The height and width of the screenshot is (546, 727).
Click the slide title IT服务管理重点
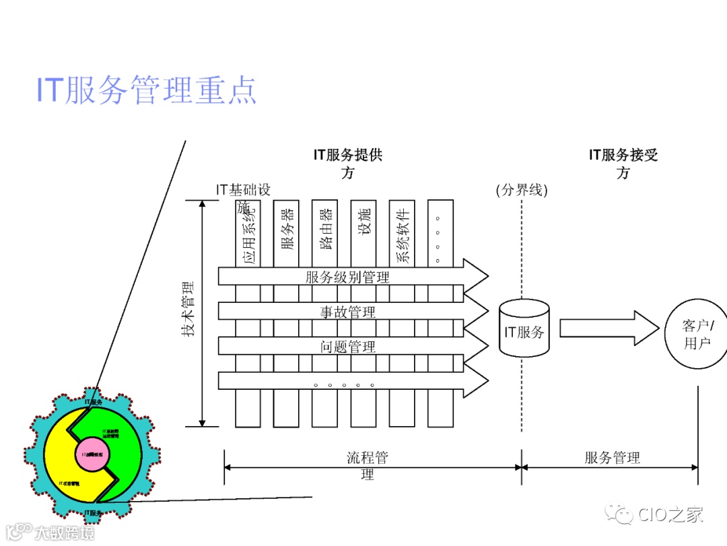146,90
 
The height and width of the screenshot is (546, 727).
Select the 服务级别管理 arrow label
347,277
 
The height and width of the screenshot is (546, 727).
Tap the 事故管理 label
347,312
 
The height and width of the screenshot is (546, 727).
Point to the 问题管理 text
347,347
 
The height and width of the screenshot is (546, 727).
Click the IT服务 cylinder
524,331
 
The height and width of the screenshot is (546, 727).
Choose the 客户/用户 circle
697,335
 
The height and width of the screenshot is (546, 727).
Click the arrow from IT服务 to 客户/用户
609,328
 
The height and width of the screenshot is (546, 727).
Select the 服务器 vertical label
287,229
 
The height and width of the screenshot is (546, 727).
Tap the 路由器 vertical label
326,229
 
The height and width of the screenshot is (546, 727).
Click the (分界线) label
522,190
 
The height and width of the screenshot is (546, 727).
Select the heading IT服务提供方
347,164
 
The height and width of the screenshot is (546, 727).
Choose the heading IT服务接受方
623,164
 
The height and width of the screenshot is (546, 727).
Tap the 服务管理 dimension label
612,458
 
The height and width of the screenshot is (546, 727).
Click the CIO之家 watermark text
670,515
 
